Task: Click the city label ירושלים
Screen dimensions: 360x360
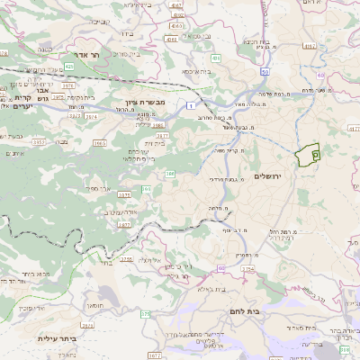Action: click(268, 175)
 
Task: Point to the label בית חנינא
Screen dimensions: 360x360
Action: click(254, 41)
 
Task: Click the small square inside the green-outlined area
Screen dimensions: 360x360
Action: click(315, 155)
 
